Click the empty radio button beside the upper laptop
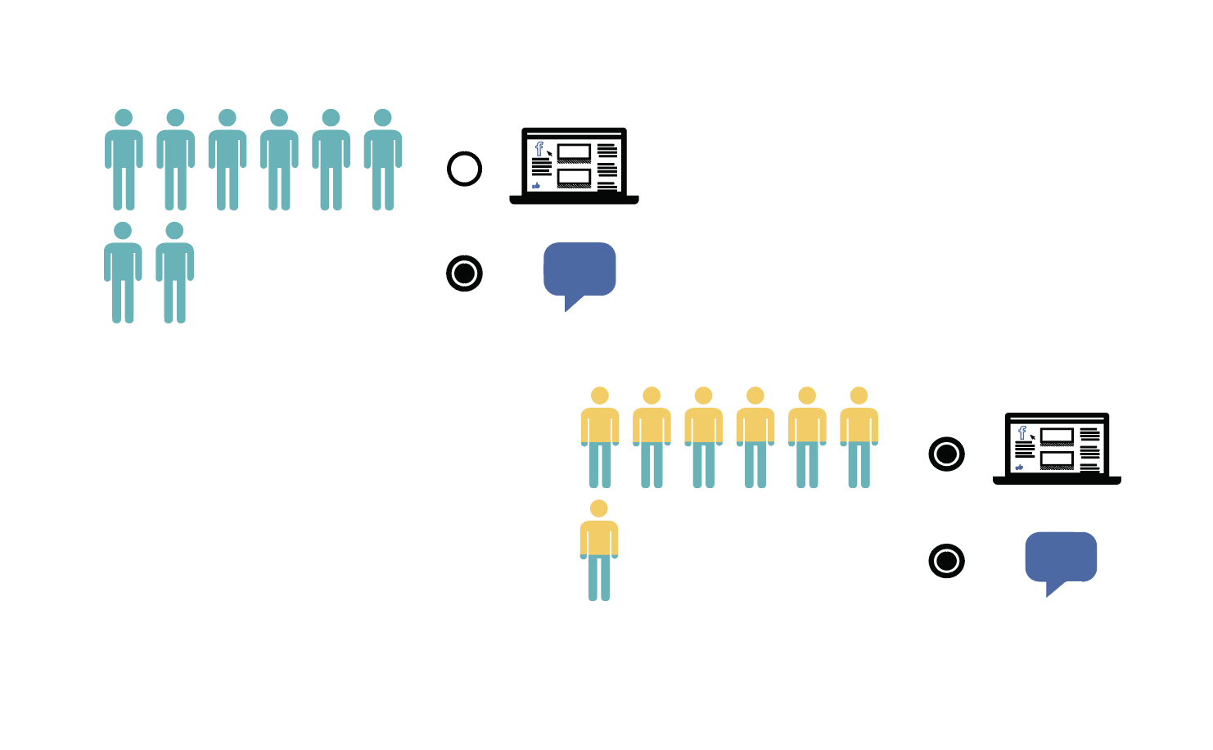(464, 169)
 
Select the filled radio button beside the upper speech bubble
(464, 273)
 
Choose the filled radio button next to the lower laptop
(946, 454)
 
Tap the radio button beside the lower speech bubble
(946, 561)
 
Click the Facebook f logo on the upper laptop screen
(539, 148)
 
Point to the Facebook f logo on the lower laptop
(1021, 432)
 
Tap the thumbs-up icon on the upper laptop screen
(536, 186)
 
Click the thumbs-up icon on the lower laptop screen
(1019, 468)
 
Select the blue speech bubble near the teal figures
(579, 269)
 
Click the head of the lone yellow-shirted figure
(599, 508)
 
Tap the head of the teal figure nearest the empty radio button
(382, 118)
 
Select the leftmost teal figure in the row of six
(124, 160)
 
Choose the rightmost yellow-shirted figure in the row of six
(859, 437)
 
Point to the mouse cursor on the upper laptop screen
(550, 153)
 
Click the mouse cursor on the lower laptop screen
(1033, 437)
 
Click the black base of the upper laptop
(574, 200)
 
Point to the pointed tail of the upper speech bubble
(570, 305)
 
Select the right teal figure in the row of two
(174, 273)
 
